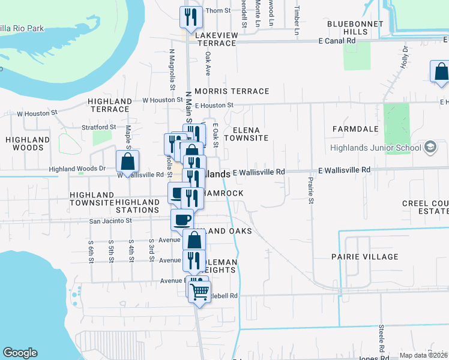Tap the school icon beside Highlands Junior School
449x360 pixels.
pyautogui.click(x=430, y=147)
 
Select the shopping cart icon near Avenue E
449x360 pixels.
pyautogui.click(x=200, y=292)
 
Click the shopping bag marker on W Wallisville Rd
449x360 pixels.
pyautogui.click(x=127, y=161)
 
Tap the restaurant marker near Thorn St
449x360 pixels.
pyautogui.click(x=191, y=18)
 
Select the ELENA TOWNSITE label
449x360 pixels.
pyautogui.click(x=250, y=134)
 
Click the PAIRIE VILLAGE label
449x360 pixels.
pyautogui.click(x=364, y=257)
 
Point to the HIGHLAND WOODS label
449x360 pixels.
pyautogui.click(x=24, y=143)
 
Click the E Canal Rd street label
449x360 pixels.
pyautogui.click(x=337, y=41)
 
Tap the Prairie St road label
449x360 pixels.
pyautogui.click(x=311, y=190)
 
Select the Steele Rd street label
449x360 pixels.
pyautogui.click(x=381, y=338)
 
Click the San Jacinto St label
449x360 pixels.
pyautogui.click(x=110, y=221)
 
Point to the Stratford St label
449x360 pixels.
pyautogui.click(x=99, y=127)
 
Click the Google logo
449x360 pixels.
pyautogui.click(x=20, y=353)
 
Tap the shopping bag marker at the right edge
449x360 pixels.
pyautogui.click(x=440, y=72)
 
